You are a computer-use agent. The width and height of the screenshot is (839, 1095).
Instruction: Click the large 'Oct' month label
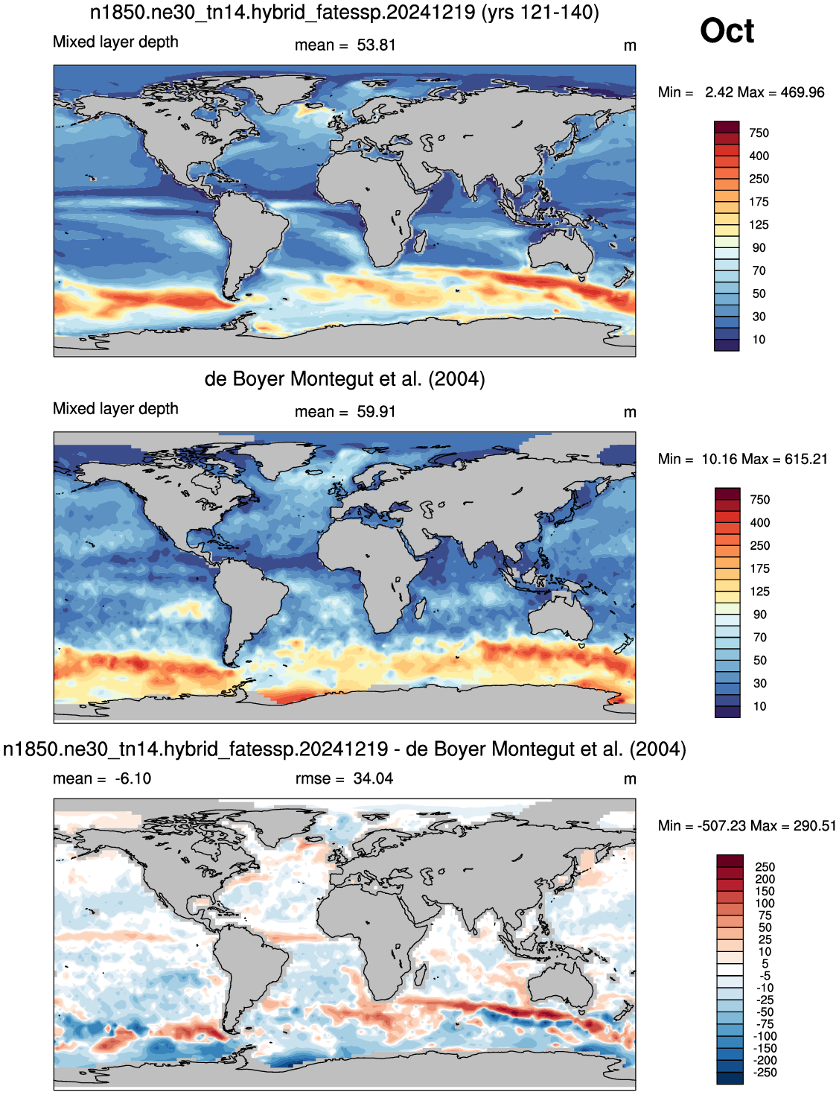tap(727, 31)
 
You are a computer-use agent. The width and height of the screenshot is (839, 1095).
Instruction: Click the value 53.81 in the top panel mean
tap(376, 45)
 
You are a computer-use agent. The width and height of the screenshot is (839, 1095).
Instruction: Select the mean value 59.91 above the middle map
tap(376, 412)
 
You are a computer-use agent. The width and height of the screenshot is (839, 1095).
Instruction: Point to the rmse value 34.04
tap(373, 778)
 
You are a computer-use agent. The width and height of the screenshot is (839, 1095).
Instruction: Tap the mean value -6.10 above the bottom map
tap(133, 778)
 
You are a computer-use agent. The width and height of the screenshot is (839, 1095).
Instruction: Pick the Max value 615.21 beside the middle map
tap(805, 459)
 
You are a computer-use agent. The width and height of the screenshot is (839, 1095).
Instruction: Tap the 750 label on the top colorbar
tap(759, 133)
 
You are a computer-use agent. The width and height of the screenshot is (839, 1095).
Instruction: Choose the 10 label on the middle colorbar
tap(760, 706)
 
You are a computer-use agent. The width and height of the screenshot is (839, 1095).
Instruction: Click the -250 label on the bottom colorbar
tap(765, 1072)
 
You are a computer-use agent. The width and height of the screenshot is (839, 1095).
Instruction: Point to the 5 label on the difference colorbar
tap(765, 963)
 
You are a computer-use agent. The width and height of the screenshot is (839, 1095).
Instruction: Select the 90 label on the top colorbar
tap(759, 248)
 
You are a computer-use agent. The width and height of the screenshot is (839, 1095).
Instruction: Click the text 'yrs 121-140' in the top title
tap(540, 12)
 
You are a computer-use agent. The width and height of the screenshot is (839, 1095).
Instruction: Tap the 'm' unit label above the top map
tap(630, 46)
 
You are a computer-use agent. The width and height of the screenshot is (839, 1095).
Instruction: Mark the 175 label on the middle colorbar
tap(760, 568)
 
